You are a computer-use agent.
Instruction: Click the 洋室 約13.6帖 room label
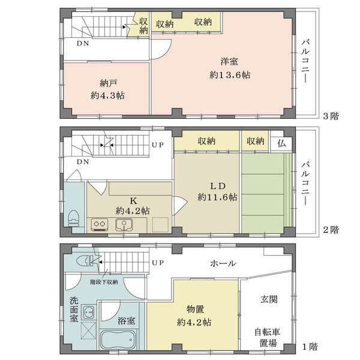click(230, 68)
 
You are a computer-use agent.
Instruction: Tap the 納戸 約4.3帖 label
click(107, 89)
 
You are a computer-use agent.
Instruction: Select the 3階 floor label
click(331, 116)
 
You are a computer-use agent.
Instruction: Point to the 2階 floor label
click(331, 230)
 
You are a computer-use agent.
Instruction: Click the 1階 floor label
click(310, 346)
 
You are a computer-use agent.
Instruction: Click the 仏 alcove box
click(281, 143)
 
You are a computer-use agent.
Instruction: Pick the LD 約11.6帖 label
click(217, 191)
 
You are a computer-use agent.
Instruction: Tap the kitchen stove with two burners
click(100, 224)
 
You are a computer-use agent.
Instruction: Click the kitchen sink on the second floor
click(124, 225)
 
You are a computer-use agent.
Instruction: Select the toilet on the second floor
click(73, 218)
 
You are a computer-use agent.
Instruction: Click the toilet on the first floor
click(84, 261)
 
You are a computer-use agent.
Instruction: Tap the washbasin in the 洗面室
click(88, 312)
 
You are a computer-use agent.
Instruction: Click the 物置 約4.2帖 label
click(194, 316)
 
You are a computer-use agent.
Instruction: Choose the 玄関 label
click(269, 299)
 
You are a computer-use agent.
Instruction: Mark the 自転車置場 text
click(268, 337)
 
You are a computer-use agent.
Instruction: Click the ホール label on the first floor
click(223, 263)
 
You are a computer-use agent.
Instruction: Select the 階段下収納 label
click(104, 282)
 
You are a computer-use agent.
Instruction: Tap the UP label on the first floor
click(158, 263)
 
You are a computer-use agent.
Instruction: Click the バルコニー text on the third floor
click(305, 62)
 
